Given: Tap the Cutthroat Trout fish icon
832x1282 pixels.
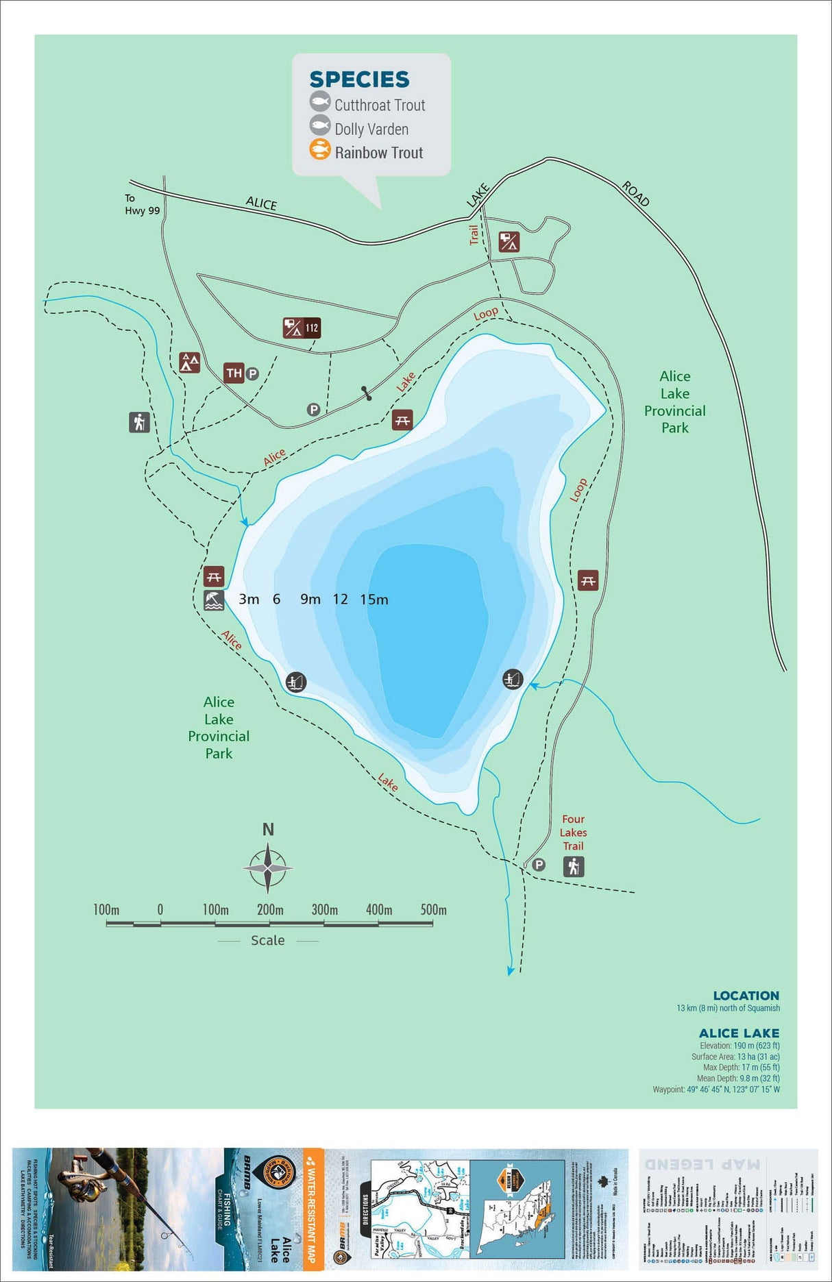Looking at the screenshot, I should coord(319,103).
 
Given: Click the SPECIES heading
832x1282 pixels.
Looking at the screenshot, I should coord(359,79).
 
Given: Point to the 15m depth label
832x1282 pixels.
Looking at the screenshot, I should coord(374,600).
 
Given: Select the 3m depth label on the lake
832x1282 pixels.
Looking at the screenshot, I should coord(249,600).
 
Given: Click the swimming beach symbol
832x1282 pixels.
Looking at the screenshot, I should coord(214,601).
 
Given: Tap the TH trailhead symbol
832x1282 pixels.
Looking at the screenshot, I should coord(234,373).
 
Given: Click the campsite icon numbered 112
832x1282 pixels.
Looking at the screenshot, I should coord(302,328).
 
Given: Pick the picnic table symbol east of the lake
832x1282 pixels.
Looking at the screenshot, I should coord(588,580).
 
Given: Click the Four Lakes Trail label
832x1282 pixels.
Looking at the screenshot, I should coord(573,833).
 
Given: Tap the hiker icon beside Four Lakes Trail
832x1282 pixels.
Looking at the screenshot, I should coord(574,867).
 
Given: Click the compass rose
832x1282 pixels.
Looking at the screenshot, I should coord(268,868).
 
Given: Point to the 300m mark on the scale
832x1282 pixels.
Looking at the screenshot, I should coord(324,910).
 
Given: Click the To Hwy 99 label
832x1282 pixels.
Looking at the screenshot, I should coord(141,204).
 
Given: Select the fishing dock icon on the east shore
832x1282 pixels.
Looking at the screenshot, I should coord(513,679).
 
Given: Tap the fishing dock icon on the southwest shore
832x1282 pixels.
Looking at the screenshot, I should coord(295,682).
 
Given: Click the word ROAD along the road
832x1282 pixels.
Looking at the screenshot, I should coord(635,194).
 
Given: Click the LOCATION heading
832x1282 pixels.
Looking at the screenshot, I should coord(746,996).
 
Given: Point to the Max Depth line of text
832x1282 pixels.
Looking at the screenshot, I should coord(741,1067).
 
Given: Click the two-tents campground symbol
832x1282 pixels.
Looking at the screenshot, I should coord(190,362).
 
